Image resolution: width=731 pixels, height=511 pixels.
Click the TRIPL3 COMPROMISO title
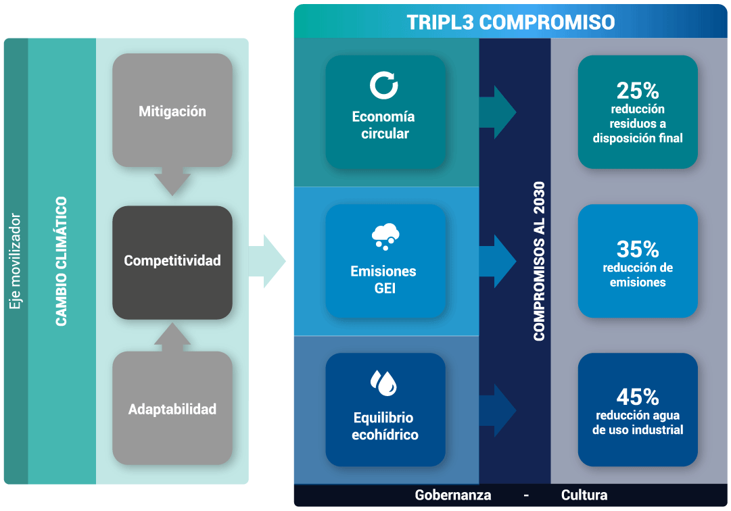(511, 22)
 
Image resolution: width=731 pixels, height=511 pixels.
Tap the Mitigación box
(172, 110)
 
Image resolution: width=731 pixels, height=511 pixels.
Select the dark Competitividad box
(172, 263)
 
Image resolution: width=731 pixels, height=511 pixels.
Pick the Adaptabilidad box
(172, 408)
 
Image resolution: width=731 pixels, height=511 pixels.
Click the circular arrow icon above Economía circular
(383, 85)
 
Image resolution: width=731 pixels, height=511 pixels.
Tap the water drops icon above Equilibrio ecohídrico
(383, 383)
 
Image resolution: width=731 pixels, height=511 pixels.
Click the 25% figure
(637, 91)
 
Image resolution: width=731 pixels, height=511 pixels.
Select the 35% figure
(637, 249)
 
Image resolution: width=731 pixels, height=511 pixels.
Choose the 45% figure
(637, 397)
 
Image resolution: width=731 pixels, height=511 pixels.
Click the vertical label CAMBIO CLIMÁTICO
(61, 262)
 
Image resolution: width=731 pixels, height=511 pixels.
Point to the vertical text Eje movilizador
(15, 262)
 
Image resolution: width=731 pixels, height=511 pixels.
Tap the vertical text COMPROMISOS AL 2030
(539, 262)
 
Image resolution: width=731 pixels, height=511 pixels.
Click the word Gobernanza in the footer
(452, 495)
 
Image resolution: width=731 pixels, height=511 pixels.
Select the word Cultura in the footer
(584, 495)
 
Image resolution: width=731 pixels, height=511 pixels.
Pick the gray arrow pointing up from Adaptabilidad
(172, 337)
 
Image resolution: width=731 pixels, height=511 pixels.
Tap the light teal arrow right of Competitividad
(266, 262)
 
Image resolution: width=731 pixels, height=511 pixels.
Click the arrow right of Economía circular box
(498, 112)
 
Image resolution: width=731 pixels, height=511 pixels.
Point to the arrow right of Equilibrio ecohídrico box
(498, 410)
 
